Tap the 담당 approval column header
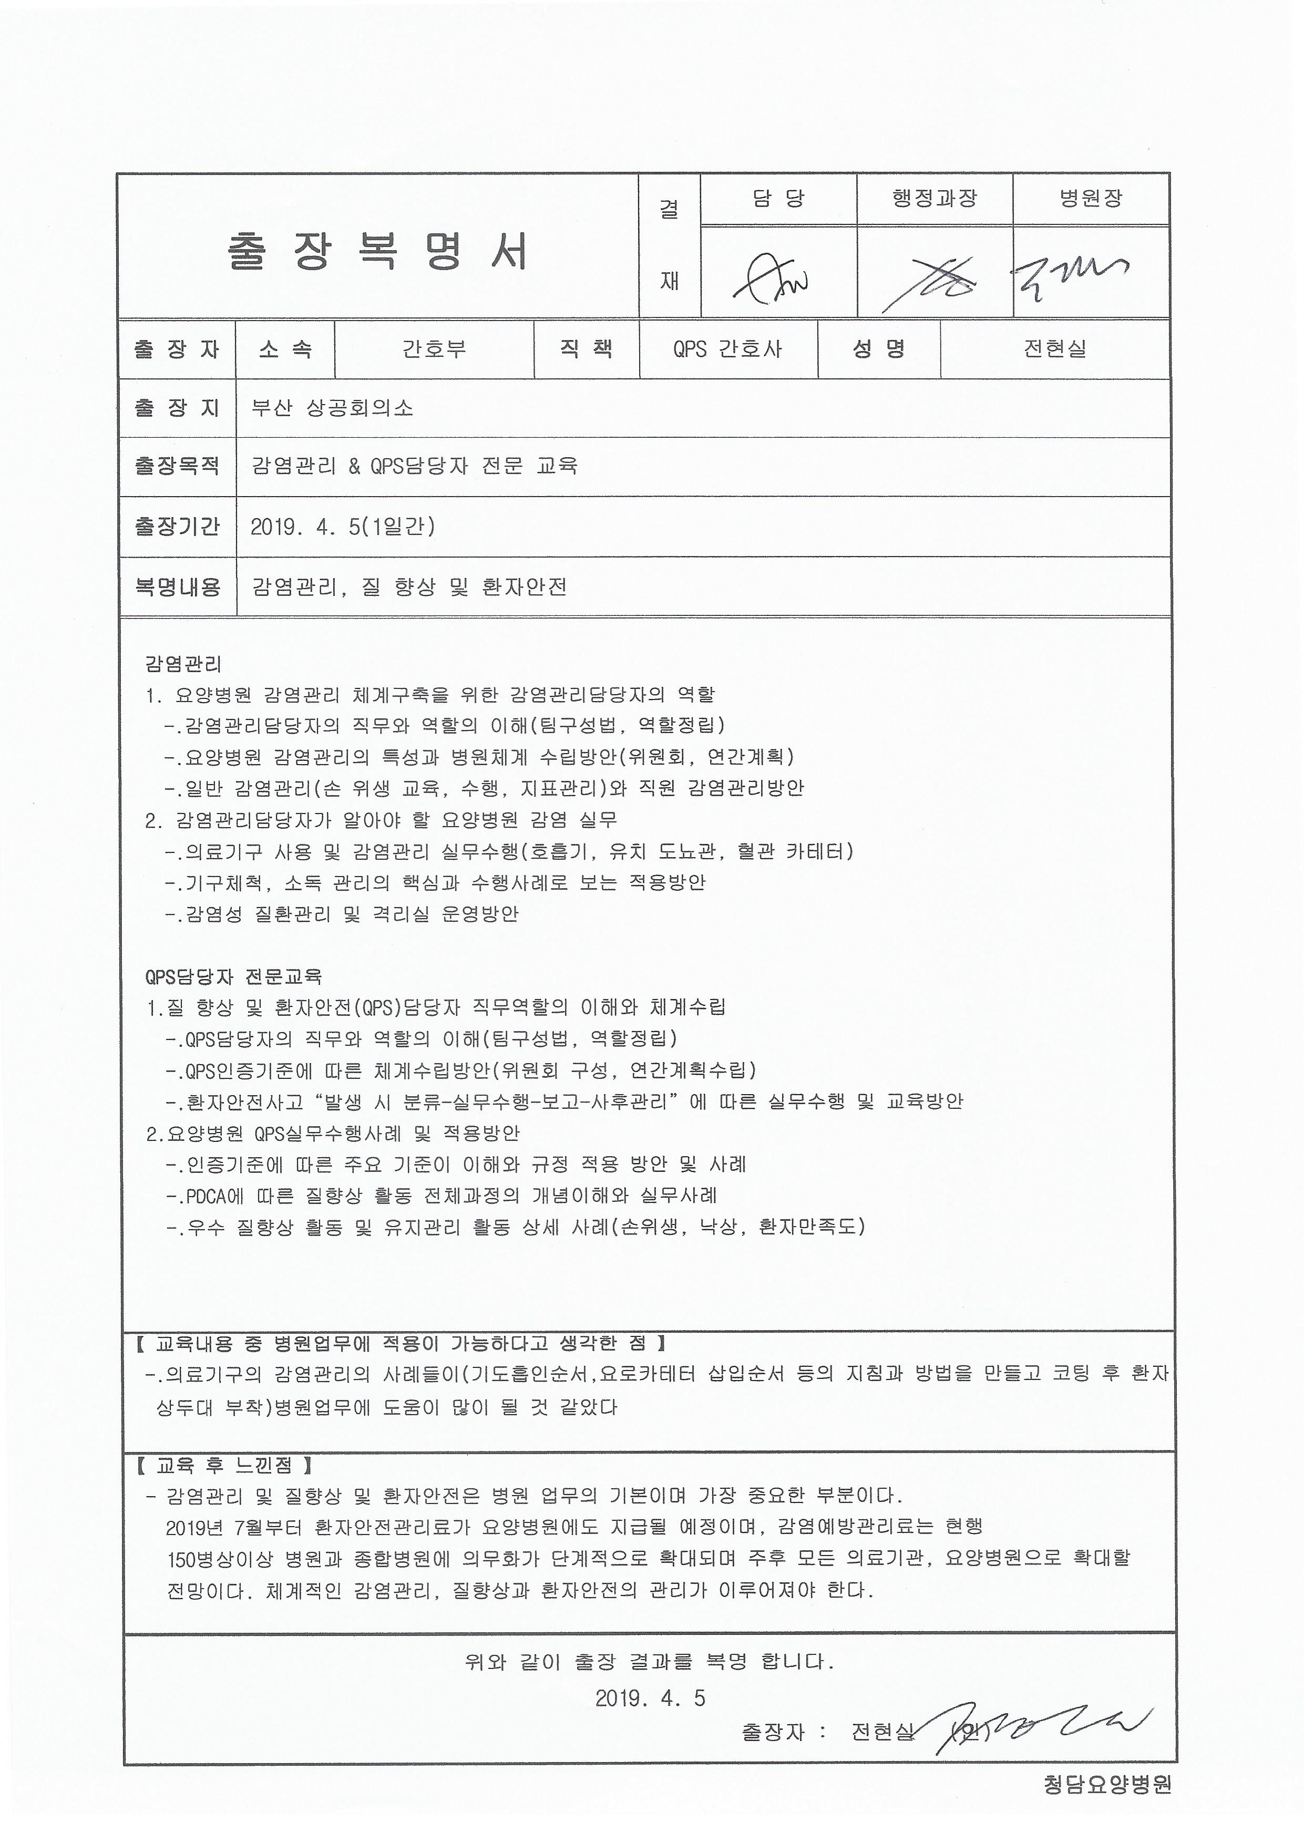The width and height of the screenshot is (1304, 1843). click(778, 198)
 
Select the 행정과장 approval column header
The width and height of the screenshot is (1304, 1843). click(935, 198)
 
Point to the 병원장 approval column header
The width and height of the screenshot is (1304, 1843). click(1091, 198)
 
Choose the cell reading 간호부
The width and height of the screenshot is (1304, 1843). click(434, 349)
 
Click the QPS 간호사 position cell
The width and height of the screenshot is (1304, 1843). click(727, 349)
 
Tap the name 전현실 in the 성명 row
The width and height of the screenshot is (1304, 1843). click(1054, 349)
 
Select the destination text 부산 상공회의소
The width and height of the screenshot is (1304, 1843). click(332, 408)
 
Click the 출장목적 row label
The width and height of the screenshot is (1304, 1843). click(177, 466)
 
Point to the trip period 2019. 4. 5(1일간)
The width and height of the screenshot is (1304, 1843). click(343, 527)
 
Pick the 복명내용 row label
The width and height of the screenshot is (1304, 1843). click(177, 587)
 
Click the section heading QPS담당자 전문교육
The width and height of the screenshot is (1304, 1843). click(234, 977)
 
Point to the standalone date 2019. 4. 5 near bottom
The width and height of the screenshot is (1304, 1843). click(650, 1698)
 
